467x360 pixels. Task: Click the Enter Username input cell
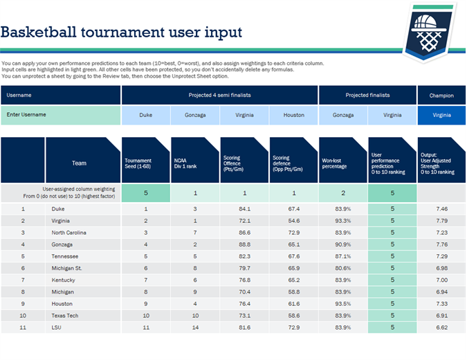click(x=60, y=115)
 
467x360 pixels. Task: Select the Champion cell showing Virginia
click(x=441, y=116)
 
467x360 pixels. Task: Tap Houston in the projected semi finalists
click(x=293, y=116)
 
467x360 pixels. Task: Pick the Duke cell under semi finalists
click(x=145, y=116)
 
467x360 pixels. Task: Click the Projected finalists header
click(x=367, y=96)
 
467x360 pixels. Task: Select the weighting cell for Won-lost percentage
click(x=342, y=193)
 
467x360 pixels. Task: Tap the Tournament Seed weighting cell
click(x=145, y=193)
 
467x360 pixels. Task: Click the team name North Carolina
click(x=68, y=233)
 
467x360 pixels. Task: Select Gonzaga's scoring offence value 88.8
click(x=244, y=244)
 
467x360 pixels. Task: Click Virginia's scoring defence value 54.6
click(x=293, y=220)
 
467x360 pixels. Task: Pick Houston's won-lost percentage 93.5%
click(x=342, y=303)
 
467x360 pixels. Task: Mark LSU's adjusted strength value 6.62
click(x=441, y=327)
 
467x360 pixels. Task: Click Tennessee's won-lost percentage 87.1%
click(x=342, y=256)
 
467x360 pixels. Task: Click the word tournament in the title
click(x=122, y=33)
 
